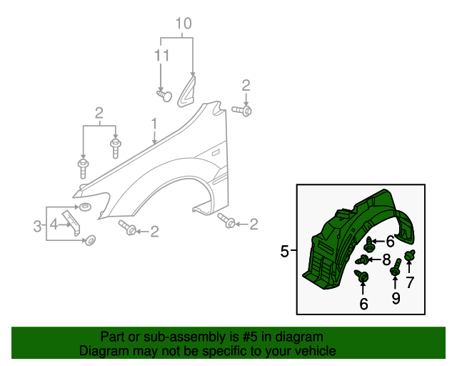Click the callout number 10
point(184,24)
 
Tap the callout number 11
point(161,56)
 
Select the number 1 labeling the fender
point(154,124)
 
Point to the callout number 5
point(284,252)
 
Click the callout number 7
point(410,282)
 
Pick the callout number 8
point(386,259)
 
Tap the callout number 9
point(396,298)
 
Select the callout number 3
point(37,226)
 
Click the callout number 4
point(54,224)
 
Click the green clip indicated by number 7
point(409,255)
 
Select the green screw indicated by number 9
point(396,267)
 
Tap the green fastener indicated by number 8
point(362,259)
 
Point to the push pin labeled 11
point(164,96)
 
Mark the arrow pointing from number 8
point(375,259)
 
